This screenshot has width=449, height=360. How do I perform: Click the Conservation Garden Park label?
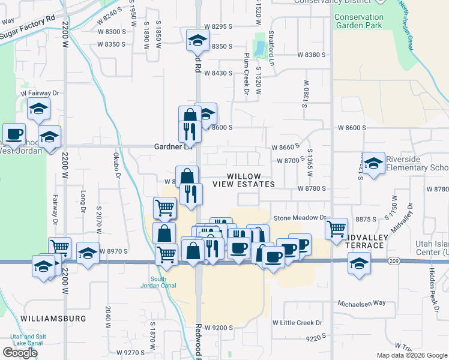(358, 22)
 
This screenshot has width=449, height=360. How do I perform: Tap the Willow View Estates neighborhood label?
(252, 179)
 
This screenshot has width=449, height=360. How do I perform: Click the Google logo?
(20, 352)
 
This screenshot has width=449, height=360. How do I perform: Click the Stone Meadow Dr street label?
(300, 218)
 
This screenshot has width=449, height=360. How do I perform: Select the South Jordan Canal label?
(158, 283)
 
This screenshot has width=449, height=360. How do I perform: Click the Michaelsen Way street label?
(361, 303)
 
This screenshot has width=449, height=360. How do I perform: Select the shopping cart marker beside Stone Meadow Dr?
(336, 227)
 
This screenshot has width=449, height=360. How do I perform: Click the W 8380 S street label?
(310, 55)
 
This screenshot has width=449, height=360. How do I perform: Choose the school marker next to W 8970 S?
(88, 253)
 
